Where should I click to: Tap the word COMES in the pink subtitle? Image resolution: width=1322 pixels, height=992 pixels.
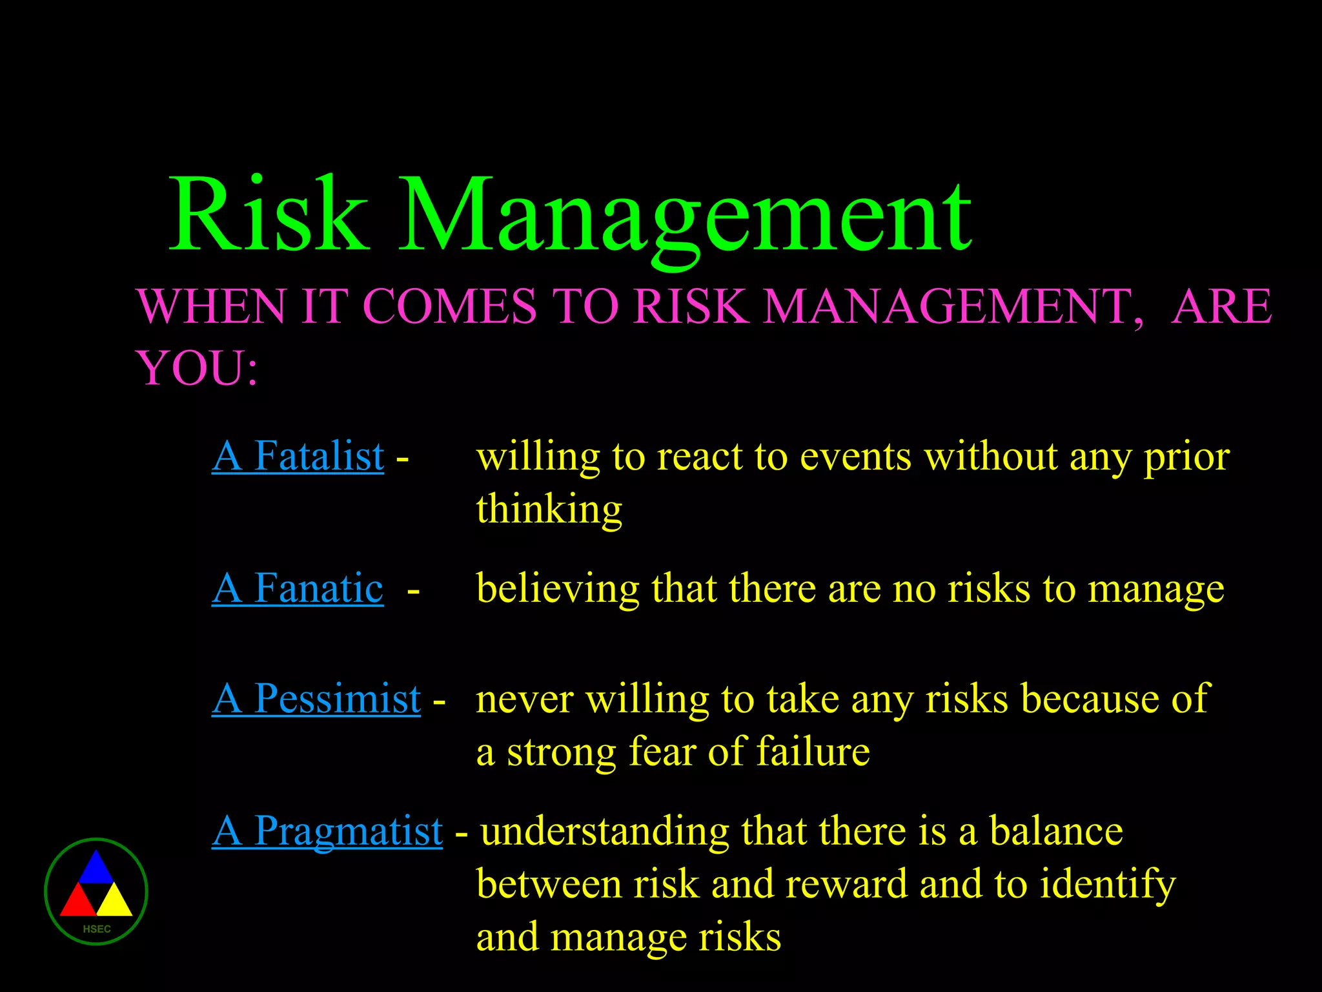(449, 306)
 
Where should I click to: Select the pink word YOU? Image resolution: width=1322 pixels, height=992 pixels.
(197, 368)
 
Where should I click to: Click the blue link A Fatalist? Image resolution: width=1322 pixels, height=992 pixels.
(298, 456)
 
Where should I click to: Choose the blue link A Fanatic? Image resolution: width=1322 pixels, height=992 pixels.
(298, 588)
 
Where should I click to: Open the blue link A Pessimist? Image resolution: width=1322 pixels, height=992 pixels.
(316, 699)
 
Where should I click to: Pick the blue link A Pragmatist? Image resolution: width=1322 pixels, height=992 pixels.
(327, 831)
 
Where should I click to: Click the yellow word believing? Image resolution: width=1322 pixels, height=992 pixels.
(557, 589)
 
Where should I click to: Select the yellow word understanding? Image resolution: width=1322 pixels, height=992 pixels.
(605, 832)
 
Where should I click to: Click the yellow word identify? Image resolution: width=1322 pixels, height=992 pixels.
(1108, 885)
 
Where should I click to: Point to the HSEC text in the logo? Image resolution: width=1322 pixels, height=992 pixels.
(97, 929)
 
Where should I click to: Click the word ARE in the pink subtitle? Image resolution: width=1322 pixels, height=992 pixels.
(1222, 306)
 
